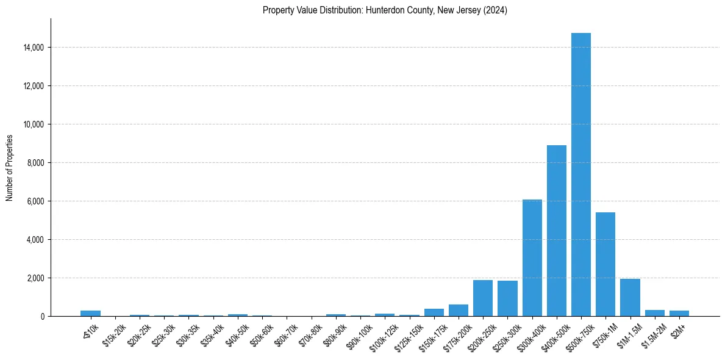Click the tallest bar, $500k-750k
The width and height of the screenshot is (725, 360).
(x=580, y=175)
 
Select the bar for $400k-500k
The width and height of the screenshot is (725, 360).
(x=556, y=231)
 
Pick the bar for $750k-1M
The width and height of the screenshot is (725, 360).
(x=605, y=264)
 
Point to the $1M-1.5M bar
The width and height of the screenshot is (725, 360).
(x=630, y=297)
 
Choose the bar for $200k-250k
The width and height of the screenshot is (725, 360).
(x=483, y=298)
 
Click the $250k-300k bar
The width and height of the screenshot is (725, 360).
(x=507, y=298)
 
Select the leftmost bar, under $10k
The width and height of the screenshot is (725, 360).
(x=90, y=313)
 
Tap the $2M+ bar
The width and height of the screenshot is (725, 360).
(x=679, y=313)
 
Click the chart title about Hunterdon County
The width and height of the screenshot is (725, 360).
(x=385, y=10)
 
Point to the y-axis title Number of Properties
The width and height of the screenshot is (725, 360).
(x=10, y=167)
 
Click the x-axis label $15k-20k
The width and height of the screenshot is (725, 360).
(x=114, y=333)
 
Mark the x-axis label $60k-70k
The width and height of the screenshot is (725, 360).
(x=286, y=333)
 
